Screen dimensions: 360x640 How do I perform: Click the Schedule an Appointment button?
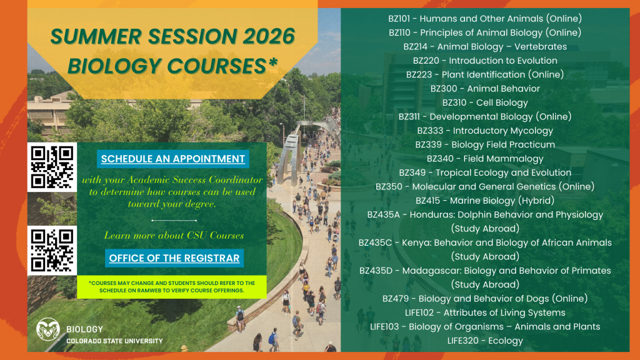click(173, 159)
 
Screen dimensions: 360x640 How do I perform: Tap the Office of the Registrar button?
click(174, 258)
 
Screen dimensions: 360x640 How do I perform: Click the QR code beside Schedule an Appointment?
click(52, 167)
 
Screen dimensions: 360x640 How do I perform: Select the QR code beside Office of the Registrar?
click(52, 250)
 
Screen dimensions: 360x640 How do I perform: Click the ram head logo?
click(47, 331)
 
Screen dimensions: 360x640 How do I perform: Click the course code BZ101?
click(401, 18)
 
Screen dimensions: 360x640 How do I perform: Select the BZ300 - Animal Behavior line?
click(485, 89)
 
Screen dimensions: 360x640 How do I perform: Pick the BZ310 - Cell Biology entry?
click(485, 102)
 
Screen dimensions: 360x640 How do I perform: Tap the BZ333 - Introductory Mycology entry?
click(485, 131)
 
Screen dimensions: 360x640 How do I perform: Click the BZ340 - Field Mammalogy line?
click(485, 159)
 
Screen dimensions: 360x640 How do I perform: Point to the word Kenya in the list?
click(416, 242)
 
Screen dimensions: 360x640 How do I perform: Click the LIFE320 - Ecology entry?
click(485, 341)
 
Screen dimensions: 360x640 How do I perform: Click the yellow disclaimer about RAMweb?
click(172, 287)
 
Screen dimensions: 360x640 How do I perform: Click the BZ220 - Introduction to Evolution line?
click(485, 61)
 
